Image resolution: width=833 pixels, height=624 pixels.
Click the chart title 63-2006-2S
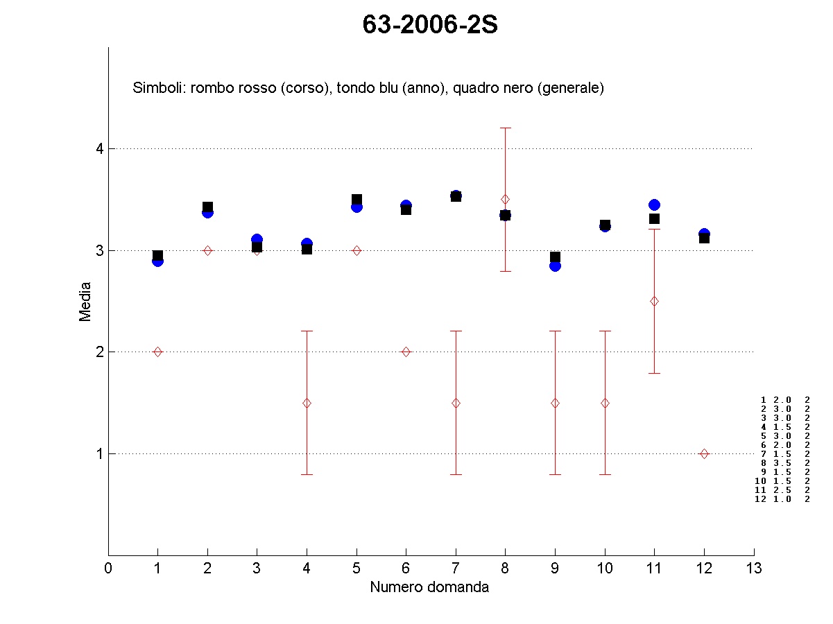click(x=430, y=25)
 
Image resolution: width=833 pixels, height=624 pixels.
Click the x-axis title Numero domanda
click(x=429, y=587)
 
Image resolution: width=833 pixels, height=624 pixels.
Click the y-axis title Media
click(x=85, y=301)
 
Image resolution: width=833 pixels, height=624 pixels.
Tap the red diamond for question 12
click(x=704, y=453)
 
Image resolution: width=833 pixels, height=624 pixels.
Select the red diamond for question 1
click(x=157, y=352)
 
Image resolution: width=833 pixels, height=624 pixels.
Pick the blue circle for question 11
click(x=654, y=205)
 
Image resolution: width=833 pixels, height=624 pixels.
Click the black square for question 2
click(x=207, y=207)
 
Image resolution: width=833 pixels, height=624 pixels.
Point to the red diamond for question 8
click(x=505, y=199)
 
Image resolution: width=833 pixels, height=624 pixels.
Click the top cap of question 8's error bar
click(x=505, y=128)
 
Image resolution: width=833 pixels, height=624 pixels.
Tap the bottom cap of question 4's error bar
click(x=307, y=474)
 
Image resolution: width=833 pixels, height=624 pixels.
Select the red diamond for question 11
click(x=654, y=301)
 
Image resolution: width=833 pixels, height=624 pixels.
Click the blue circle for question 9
click(x=555, y=266)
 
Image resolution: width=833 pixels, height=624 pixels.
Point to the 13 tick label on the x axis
click(x=754, y=569)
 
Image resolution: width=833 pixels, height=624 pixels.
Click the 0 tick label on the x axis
click(x=108, y=569)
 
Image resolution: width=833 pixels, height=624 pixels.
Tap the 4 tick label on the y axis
click(x=99, y=148)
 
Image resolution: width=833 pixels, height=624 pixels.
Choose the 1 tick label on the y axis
click(x=99, y=453)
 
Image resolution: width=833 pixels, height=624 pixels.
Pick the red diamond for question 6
click(x=406, y=352)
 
